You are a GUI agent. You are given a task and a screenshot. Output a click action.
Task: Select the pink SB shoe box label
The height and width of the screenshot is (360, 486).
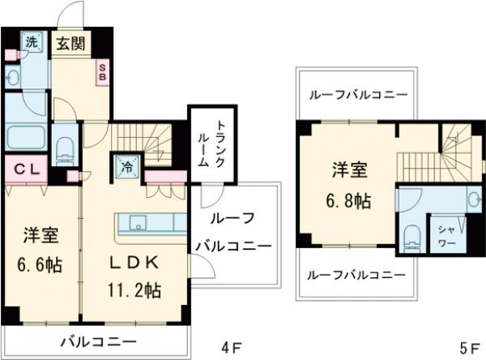[x=103, y=71]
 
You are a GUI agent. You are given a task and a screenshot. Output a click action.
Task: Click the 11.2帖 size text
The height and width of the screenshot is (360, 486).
[x=135, y=289]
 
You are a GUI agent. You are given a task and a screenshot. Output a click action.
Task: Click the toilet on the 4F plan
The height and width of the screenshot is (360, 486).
[x=66, y=149]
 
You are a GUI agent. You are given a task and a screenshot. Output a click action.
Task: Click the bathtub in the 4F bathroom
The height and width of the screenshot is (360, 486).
[x=25, y=136]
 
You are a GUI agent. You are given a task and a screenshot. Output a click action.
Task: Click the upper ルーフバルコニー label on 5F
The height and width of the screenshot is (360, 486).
[x=356, y=95]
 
